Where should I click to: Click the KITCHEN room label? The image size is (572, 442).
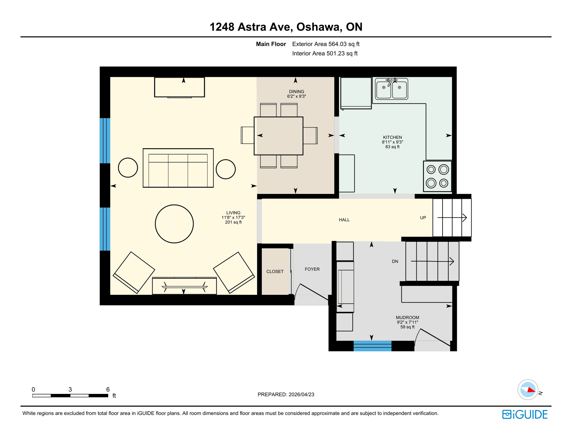pos(392,138)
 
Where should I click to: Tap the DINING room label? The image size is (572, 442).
pos(296,92)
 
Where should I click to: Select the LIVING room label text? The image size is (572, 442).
pos(233,213)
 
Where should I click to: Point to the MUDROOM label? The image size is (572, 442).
pos(407,318)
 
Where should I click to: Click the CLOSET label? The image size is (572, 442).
pos(275,272)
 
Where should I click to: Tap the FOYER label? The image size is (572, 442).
pos(312,269)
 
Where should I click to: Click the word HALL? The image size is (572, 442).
pos(344,220)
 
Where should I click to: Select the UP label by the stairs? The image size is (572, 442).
pos(423,218)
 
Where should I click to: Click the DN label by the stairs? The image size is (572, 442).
pos(395,262)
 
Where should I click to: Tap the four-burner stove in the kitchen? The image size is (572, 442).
pos(437,176)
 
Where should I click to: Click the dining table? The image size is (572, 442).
pos(278,136)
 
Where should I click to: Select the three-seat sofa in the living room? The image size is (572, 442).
pos(178,168)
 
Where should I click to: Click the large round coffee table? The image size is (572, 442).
pos(174,224)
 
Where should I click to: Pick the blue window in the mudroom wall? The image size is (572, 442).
pos(372,346)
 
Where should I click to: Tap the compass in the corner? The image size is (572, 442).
pos(528,390)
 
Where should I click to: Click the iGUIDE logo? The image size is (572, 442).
pos(525,414)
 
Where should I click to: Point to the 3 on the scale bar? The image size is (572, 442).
pos(70,390)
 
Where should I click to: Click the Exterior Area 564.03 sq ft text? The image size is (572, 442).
pos(326,44)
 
